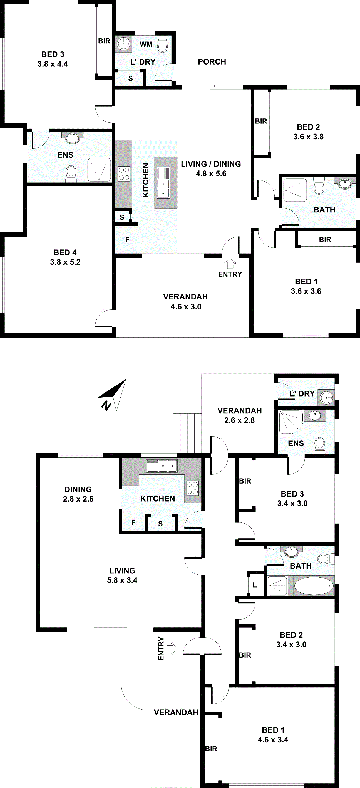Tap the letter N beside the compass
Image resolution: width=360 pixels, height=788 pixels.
(106, 405)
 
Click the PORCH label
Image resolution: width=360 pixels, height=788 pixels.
(212, 62)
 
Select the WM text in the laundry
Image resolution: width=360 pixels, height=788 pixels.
(146, 44)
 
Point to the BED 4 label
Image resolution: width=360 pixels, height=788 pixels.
(65, 252)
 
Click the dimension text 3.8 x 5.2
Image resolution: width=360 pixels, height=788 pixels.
(65, 262)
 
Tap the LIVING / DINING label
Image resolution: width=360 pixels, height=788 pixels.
(211, 164)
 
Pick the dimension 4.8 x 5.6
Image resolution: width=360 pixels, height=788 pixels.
(211, 174)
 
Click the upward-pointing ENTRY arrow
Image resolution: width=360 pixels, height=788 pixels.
(230, 263)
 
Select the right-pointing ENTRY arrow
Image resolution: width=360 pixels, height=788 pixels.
(172, 648)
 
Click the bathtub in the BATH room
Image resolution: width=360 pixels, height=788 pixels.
(314, 586)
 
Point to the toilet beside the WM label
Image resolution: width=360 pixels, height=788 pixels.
(162, 45)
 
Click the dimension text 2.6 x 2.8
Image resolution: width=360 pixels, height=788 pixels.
(239, 420)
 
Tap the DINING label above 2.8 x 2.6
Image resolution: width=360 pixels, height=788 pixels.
(78, 489)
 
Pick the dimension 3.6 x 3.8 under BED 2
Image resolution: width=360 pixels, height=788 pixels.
(308, 137)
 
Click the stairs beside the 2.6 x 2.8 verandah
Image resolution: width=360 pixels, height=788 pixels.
(187, 433)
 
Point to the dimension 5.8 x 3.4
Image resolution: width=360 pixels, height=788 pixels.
(122, 580)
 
